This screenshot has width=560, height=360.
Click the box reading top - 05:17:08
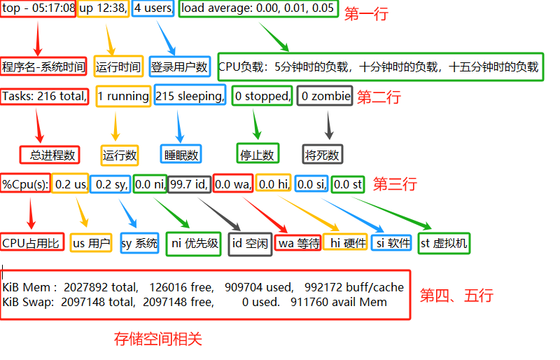[38, 10]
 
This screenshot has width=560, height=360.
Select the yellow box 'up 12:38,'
[103, 10]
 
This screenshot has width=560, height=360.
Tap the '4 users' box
[153, 10]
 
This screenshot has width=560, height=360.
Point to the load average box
[259, 10]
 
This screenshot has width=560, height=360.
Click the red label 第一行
[365, 14]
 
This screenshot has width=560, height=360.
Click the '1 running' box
[122, 96]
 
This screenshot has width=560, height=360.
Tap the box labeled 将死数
[323, 154]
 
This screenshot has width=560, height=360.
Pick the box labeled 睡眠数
[181, 154]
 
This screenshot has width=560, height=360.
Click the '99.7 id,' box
[189, 184]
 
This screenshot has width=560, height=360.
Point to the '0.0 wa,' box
[232, 184]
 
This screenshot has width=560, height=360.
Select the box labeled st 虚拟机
[444, 244]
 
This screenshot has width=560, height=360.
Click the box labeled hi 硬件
[344, 243]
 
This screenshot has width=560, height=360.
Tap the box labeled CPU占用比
[33, 243]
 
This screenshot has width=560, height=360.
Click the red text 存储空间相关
[158, 340]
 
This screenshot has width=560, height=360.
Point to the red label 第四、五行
[456, 296]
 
